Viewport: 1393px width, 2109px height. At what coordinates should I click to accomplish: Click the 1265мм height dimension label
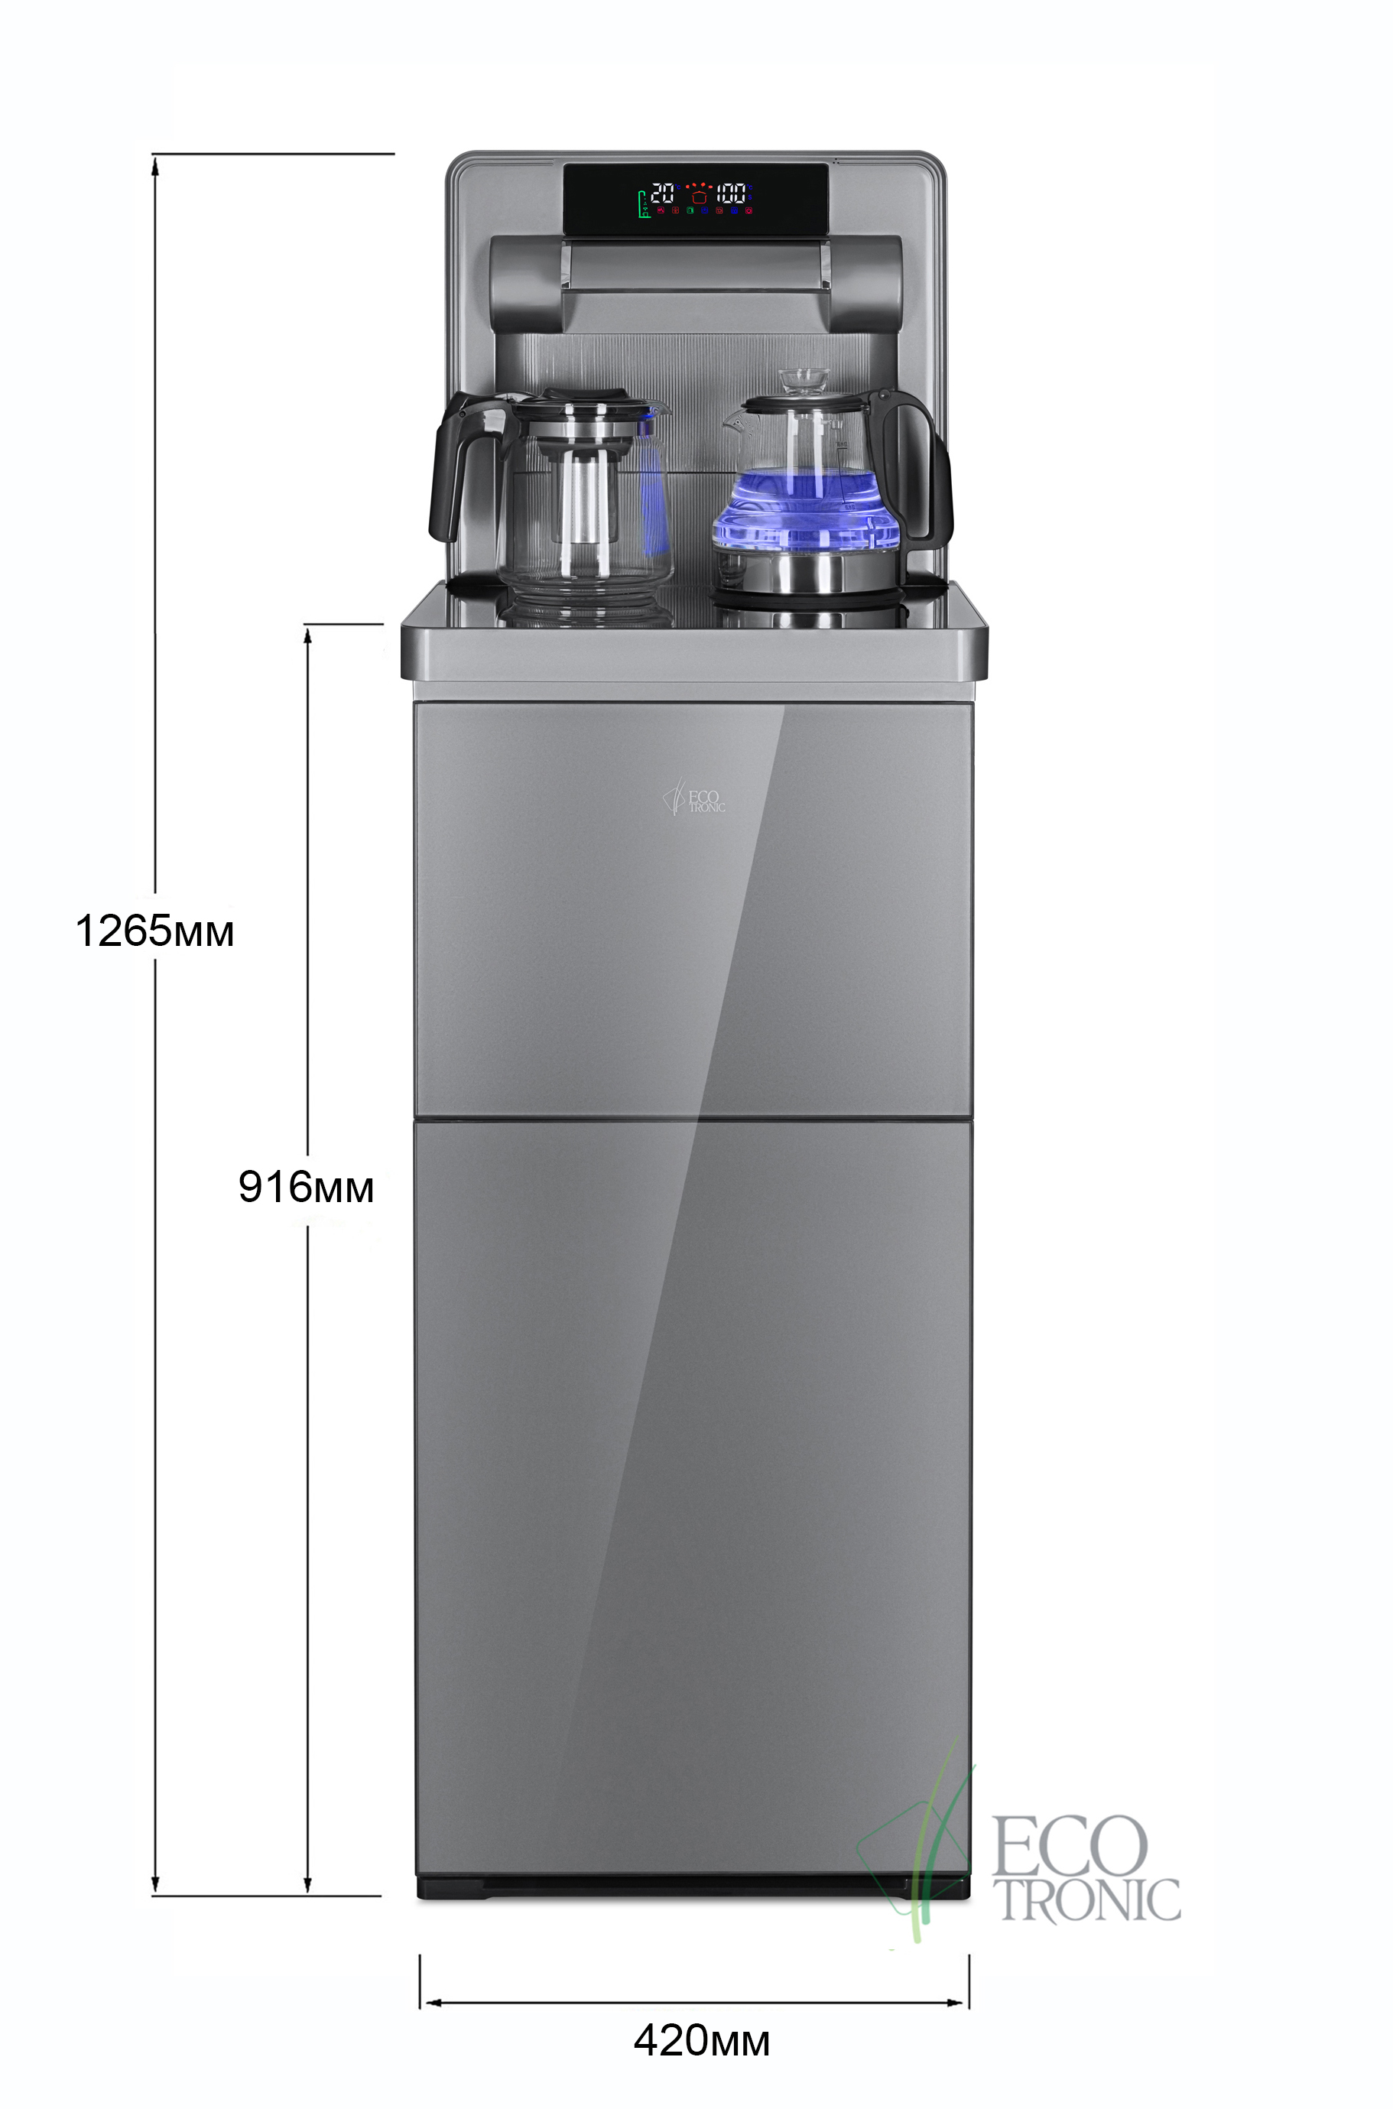click(154, 931)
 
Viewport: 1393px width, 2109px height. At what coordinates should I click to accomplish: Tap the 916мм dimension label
click(306, 1187)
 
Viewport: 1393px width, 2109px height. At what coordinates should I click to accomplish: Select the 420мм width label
click(701, 2041)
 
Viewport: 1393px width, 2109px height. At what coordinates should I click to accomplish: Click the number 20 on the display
click(663, 193)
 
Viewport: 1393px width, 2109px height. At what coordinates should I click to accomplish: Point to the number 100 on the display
click(730, 193)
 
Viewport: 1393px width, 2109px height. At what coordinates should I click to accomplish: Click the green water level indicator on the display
click(642, 204)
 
